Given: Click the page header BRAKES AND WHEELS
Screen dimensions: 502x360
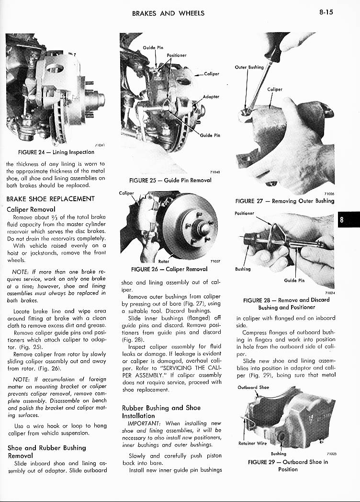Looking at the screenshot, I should coord(168,13).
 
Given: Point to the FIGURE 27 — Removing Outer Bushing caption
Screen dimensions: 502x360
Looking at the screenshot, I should coord(284,201).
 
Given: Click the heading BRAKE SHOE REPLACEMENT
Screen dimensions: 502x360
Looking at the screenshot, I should coord(50,199).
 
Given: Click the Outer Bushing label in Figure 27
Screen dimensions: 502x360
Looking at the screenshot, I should coord(249,67).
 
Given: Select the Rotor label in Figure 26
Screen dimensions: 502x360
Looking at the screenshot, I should coord(163,262).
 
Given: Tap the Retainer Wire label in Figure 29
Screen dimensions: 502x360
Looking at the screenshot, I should coord(252,443).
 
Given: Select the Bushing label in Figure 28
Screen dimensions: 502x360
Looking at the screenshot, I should coord(243,269).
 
